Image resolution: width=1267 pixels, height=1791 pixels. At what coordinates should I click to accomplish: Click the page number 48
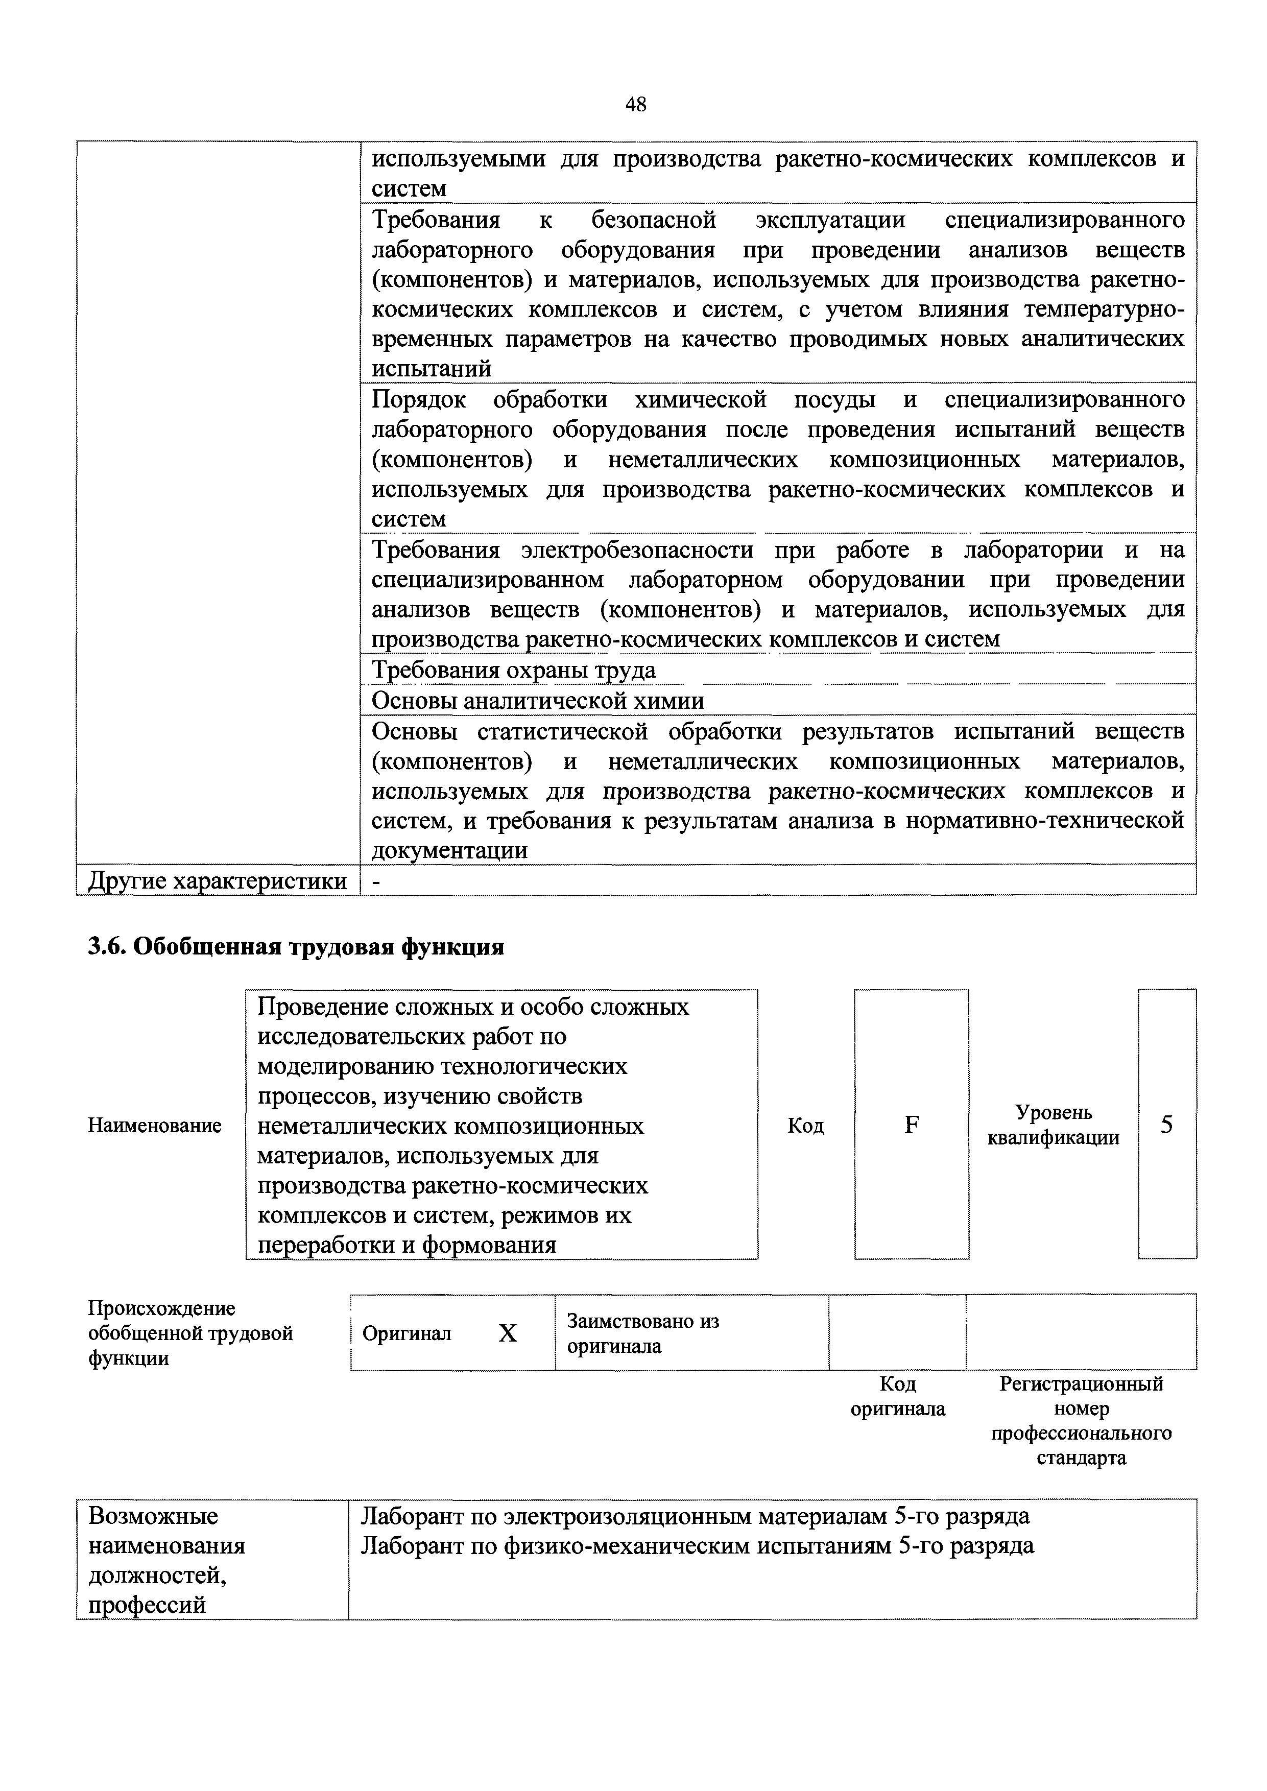point(635,105)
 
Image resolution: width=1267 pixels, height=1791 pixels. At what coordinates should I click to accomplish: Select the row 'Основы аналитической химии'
point(538,701)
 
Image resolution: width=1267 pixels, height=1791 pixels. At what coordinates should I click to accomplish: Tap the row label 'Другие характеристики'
point(218,880)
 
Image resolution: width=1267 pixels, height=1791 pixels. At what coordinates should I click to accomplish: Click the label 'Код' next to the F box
point(806,1126)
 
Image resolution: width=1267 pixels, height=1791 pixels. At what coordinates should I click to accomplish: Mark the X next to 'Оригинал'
point(508,1334)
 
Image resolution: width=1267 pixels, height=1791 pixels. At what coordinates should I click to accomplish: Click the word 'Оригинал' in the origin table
point(407,1334)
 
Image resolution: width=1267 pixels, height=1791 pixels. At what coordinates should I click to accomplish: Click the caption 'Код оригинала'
point(898,1396)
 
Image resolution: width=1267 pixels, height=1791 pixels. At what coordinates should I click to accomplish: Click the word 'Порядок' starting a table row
point(418,400)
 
